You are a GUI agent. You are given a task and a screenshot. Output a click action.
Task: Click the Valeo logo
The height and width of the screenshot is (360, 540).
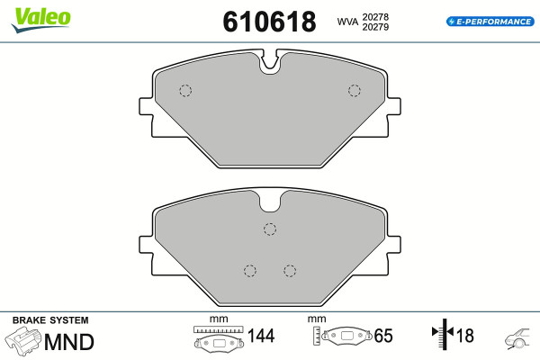pos(41,20)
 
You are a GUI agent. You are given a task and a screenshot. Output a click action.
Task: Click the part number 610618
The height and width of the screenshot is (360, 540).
pos(269,22)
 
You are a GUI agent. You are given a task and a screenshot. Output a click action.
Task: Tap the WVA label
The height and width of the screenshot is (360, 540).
pos(347,22)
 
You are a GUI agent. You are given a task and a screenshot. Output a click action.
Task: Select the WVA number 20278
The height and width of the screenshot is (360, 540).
pos(375,17)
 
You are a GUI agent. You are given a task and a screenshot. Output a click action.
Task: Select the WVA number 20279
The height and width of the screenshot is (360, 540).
pos(375,27)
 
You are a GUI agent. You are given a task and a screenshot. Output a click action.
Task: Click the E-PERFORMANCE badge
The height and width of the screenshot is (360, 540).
pos(490,22)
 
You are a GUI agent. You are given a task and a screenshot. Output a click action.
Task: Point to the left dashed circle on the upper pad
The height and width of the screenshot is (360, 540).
pos(185,91)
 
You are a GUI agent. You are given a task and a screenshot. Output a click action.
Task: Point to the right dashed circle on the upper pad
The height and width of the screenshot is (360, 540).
pos(355,91)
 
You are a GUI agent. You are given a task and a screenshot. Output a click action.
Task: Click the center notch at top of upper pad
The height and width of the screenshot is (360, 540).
pos(270,63)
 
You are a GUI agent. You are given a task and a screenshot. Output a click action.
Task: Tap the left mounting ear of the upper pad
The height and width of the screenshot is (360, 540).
pos(146,106)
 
